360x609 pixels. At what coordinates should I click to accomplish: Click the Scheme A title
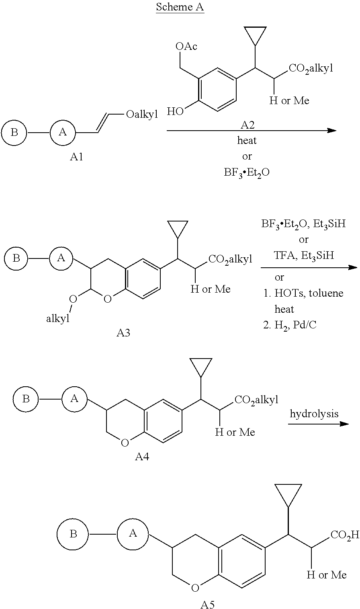(180, 7)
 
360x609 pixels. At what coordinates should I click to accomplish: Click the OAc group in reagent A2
(186, 46)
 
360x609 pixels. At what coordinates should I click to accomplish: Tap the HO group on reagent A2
(175, 111)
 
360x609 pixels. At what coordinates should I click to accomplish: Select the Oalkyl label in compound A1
(142, 115)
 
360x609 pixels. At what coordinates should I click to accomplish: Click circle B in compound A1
(14, 132)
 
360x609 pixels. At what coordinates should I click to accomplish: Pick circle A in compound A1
(63, 132)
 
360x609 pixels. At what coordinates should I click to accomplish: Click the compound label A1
(76, 157)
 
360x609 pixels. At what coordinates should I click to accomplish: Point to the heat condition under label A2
(247, 140)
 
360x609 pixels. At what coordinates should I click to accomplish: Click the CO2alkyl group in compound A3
(230, 259)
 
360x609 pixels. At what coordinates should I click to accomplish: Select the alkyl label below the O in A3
(57, 318)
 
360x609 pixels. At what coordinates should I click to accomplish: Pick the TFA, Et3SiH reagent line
(304, 256)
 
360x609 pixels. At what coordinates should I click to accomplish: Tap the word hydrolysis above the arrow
(314, 414)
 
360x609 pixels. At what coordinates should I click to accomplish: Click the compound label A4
(142, 457)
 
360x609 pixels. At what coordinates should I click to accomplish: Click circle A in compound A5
(133, 534)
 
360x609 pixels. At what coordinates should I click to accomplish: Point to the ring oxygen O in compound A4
(125, 443)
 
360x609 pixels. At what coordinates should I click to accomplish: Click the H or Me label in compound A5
(327, 575)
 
